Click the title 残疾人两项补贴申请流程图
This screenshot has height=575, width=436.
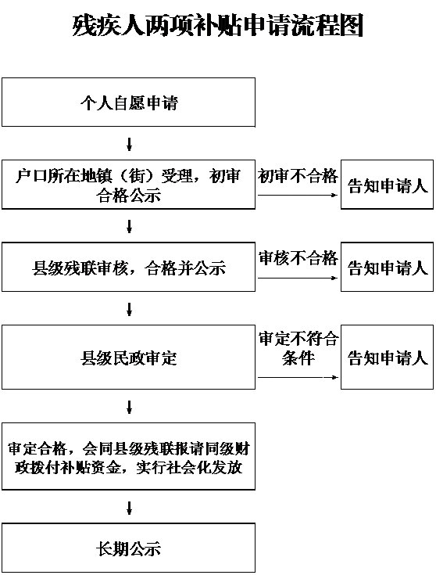218,26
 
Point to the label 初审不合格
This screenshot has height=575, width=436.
298,176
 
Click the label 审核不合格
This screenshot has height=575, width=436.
298,258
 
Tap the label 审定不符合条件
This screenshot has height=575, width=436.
298,348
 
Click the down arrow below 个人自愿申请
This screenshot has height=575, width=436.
129,144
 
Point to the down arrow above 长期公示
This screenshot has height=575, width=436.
129,508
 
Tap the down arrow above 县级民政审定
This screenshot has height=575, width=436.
129,309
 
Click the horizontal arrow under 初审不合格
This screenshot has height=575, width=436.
298,195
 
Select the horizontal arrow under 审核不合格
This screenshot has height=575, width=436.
298,278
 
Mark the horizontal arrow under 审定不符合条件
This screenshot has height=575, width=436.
298,377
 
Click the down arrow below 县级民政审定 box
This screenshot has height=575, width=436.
129,407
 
